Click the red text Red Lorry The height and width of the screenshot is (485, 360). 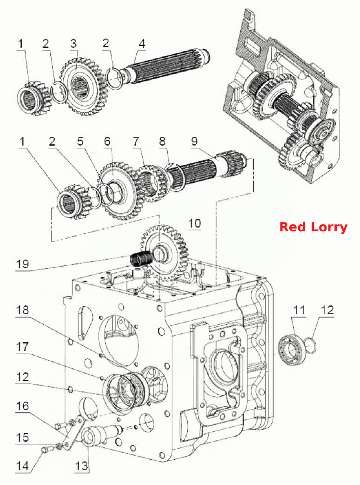[x=313, y=227]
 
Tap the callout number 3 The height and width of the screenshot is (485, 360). [x=73, y=44]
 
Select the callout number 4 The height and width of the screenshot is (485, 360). [x=141, y=44]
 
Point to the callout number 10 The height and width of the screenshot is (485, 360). [x=194, y=223]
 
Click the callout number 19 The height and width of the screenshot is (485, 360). [x=22, y=264]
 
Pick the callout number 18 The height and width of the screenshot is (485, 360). [x=22, y=310]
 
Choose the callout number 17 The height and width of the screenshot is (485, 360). [x=22, y=347]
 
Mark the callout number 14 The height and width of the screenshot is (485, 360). [x=22, y=466]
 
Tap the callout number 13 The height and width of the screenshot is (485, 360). [x=81, y=466]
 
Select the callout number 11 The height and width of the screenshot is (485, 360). [x=299, y=310]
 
